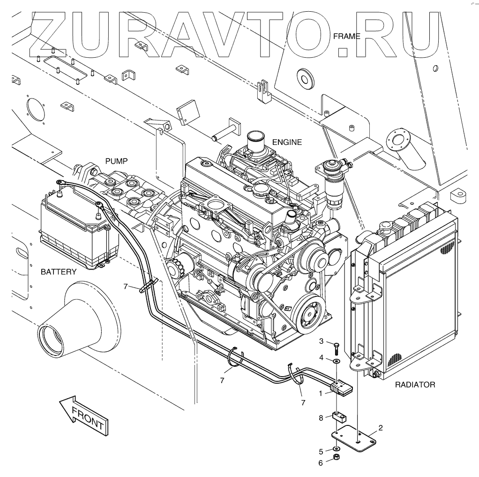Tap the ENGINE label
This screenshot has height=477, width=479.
287,142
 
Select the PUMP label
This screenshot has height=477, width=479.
116,161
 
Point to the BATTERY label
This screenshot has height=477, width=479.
59,272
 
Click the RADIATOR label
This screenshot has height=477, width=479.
415,385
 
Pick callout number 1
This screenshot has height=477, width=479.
321,394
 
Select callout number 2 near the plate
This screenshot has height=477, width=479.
381,427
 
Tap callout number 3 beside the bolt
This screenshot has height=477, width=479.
322,340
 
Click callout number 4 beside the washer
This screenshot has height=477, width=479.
322,357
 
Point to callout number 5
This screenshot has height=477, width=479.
321,452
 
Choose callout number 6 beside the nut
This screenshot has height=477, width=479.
321,462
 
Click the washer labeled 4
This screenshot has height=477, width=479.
336,362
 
